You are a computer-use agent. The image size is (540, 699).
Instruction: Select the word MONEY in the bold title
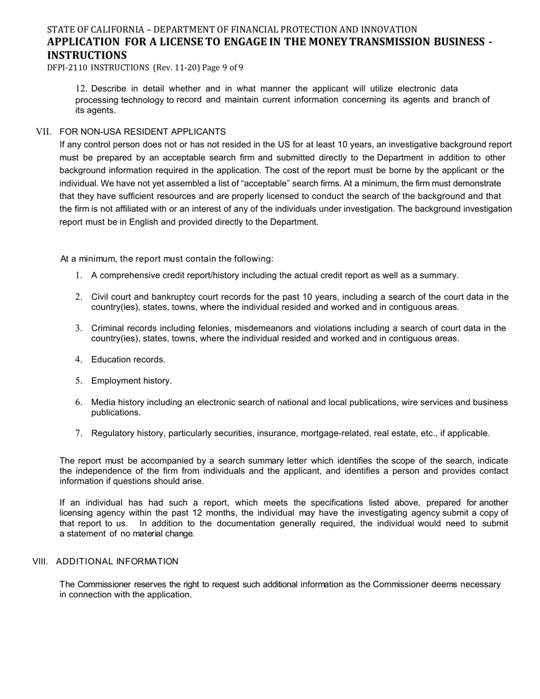point(322,42)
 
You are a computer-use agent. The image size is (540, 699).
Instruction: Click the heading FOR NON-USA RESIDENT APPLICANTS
point(142,132)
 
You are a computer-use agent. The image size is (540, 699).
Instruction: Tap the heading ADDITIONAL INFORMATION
point(117,561)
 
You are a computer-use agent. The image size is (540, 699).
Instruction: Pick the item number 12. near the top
point(81,89)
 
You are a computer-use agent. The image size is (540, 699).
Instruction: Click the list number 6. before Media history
point(79,402)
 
